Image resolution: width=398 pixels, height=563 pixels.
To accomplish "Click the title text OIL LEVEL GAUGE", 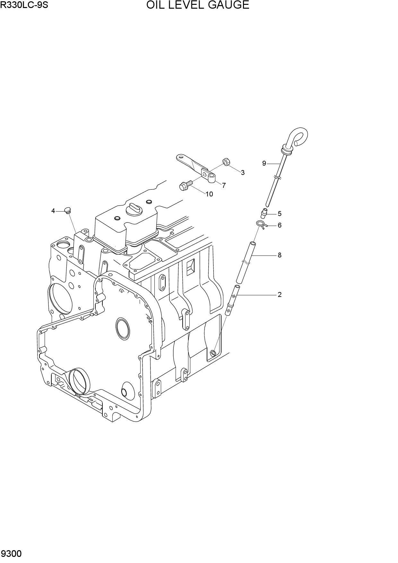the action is (x=198, y=5).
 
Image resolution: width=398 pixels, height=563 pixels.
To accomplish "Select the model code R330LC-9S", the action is (x=24, y=5).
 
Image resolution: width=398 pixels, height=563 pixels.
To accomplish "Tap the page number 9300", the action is (x=11, y=554).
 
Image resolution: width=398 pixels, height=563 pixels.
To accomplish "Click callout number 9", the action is (x=264, y=163).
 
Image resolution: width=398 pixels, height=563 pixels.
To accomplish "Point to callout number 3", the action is (x=243, y=173).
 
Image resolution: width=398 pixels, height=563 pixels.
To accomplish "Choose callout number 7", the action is (x=224, y=185).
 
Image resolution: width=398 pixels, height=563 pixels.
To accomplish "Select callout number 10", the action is (x=209, y=194).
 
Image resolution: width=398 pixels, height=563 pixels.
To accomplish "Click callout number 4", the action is (x=53, y=211).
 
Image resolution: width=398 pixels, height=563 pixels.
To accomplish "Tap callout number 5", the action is (x=280, y=213).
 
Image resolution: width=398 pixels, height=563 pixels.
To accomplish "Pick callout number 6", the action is (x=280, y=225).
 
